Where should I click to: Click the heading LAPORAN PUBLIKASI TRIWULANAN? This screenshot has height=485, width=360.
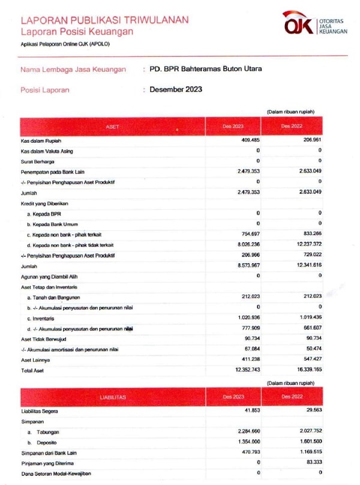click(104, 20)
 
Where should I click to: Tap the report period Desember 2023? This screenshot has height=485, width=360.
click(176, 89)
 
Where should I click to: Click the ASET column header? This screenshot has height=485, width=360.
click(112, 126)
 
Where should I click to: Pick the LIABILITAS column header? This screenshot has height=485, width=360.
click(112, 397)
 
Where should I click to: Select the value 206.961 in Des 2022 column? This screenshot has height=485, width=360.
click(310, 140)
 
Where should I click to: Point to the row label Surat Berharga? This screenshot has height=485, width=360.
click(36, 161)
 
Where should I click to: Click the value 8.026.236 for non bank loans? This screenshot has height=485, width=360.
click(245, 245)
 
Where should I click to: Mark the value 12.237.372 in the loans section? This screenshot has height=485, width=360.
click(305, 245)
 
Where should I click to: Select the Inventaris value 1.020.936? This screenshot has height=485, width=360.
click(245, 318)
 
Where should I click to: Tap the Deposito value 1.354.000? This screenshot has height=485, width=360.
click(245, 442)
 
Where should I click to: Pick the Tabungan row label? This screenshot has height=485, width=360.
click(47, 432)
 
